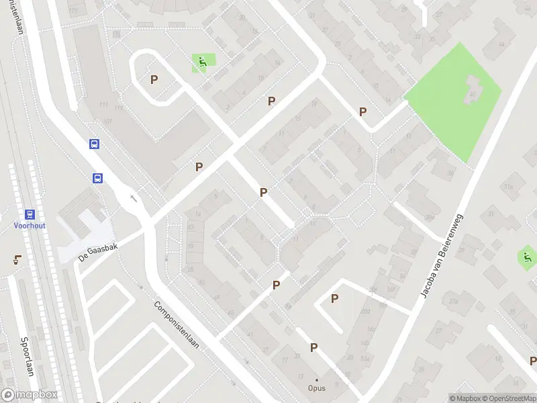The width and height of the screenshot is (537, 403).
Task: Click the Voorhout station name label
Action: click(x=30, y=226)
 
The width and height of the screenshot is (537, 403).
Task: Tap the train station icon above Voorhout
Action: click(x=30, y=214)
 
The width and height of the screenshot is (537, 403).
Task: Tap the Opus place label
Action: click(x=317, y=388)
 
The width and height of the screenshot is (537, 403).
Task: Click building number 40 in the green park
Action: click(x=472, y=94)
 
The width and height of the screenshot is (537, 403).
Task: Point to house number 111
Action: click(x=103, y=105)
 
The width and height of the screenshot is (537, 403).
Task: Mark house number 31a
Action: click(x=508, y=186)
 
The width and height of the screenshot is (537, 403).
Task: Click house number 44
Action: click(x=501, y=44)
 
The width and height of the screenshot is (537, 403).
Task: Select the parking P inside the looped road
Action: click(x=154, y=79)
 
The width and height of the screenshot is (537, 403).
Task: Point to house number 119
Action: click(x=119, y=108)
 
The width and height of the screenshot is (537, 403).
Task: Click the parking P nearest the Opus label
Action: click(x=313, y=347)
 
